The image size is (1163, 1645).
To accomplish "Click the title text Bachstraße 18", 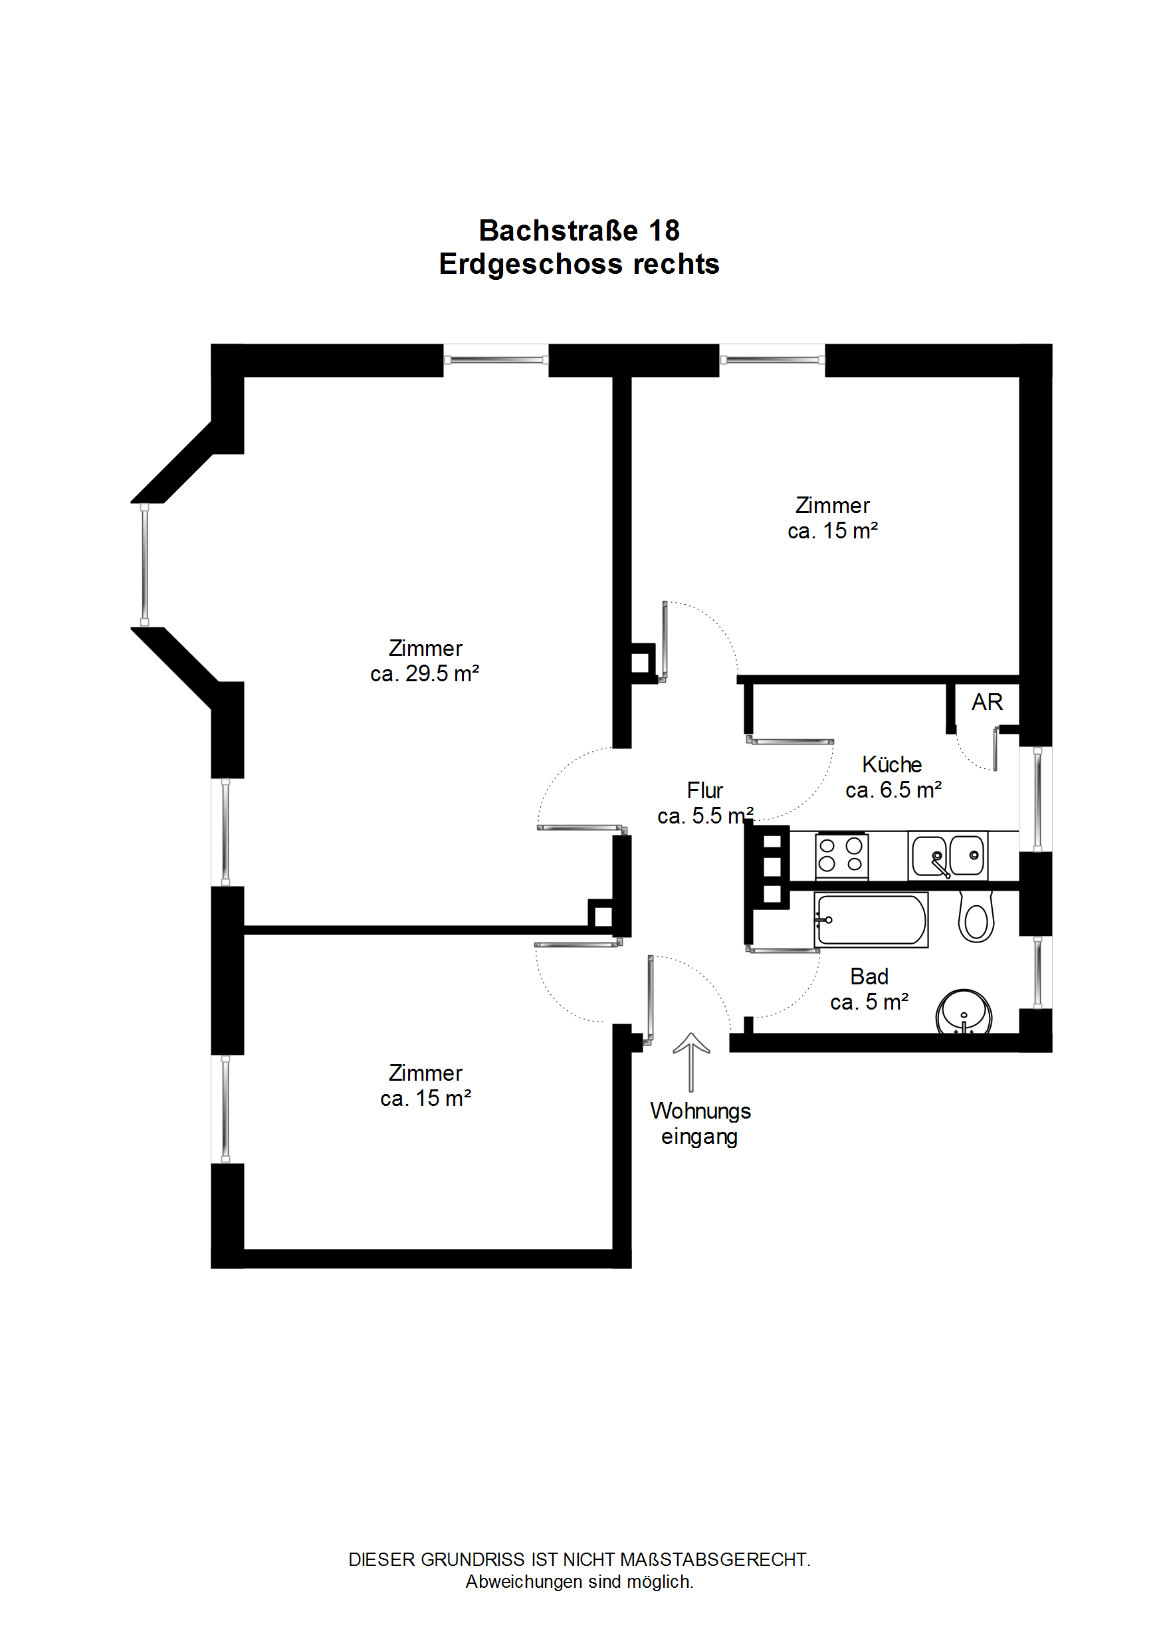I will [x=579, y=231].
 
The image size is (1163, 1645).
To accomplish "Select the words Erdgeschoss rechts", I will [x=579, y=264].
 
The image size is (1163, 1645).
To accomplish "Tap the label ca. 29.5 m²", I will [x=424, y=673].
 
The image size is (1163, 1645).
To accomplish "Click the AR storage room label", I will [x=987, y=701].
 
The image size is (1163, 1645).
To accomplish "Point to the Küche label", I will [x=891, y=764].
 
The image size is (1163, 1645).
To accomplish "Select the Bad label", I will [x=869, y=976].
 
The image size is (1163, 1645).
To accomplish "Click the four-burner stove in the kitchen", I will [x=841, y=855].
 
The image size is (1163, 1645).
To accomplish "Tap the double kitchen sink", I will [x=947, y=855].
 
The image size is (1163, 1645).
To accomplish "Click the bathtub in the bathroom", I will [x=871, y=919].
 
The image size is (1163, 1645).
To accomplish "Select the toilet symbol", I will [x=976, y=919].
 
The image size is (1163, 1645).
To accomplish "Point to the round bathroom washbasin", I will [x=964, y=1012].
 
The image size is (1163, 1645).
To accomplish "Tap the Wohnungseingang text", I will [x=700, y=1123].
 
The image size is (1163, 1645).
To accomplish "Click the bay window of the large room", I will [x=145, y=564].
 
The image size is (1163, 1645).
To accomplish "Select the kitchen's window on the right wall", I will [x=1037, y=799].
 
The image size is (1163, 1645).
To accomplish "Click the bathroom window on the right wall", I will [x=1037, y=972].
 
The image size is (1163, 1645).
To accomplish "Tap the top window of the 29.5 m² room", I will [x=496, y=360].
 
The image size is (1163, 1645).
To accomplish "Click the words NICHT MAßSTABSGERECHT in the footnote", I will [x=686, y=1559].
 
